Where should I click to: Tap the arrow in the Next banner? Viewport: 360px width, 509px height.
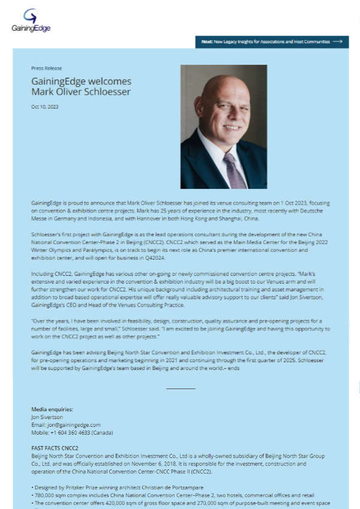pos(337,42)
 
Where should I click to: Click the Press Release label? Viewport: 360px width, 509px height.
pos(46,68)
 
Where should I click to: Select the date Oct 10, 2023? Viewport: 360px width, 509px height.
pos(44,107)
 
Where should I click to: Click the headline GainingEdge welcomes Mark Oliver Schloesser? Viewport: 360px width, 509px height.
pos(81,86)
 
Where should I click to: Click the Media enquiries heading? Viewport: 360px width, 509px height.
pos(52,409)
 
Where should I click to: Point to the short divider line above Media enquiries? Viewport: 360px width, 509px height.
pos(180,388)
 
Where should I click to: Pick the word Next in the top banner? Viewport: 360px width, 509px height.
pos(207,42)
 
